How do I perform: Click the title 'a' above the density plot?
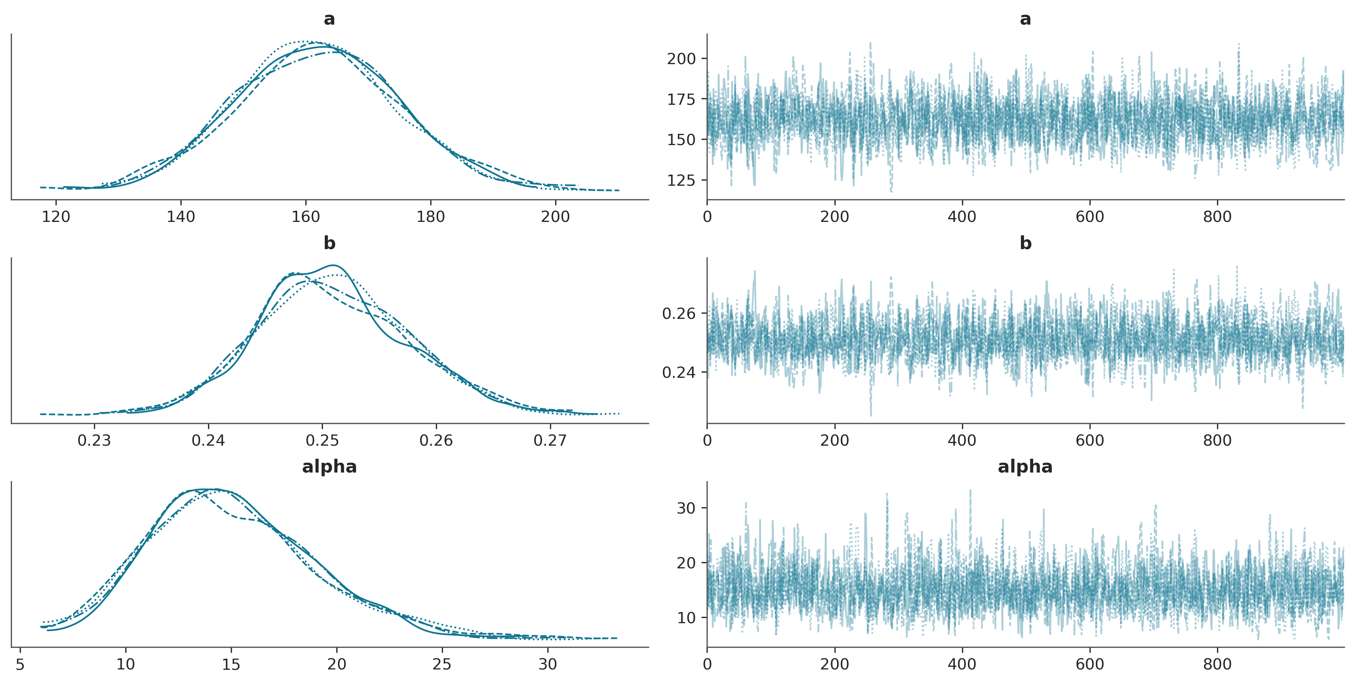[329, 19]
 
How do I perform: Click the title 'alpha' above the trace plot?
[1025, 467]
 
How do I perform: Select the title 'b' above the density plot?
[329, 243]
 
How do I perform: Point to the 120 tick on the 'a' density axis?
[56, 216]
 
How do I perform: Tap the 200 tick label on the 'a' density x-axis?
[556, 216]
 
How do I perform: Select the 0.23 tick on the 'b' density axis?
[95, 440]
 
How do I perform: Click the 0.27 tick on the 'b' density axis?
[550, 440]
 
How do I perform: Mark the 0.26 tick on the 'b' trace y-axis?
[679, 314]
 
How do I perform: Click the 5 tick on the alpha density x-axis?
[20, 664]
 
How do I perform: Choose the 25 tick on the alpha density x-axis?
[442, 664]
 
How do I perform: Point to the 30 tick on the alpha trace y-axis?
[686, 508]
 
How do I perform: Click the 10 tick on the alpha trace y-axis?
[686, 618]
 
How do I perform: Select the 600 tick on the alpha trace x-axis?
[1090, 664]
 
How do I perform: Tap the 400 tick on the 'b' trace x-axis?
[962, 440]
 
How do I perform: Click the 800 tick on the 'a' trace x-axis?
[1217, 216]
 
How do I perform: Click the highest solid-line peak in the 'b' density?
[333, 265]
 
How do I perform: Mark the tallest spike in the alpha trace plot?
[971, 490]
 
